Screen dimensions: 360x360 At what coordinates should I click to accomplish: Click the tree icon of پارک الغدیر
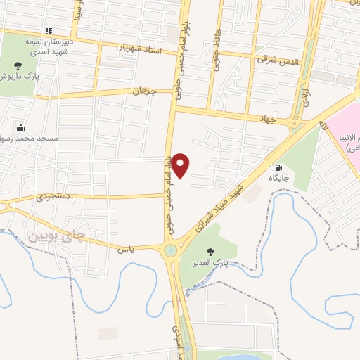(210, 251)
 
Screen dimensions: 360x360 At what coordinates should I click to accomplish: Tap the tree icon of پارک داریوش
(18, 65)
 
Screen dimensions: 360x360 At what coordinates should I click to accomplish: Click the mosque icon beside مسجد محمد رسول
(21, 127)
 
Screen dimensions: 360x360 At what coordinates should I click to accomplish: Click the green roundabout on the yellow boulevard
(170, 250)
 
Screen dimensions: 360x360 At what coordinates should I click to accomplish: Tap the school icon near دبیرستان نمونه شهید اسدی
(48, 31)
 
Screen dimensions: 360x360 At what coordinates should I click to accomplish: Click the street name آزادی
(306, 97)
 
